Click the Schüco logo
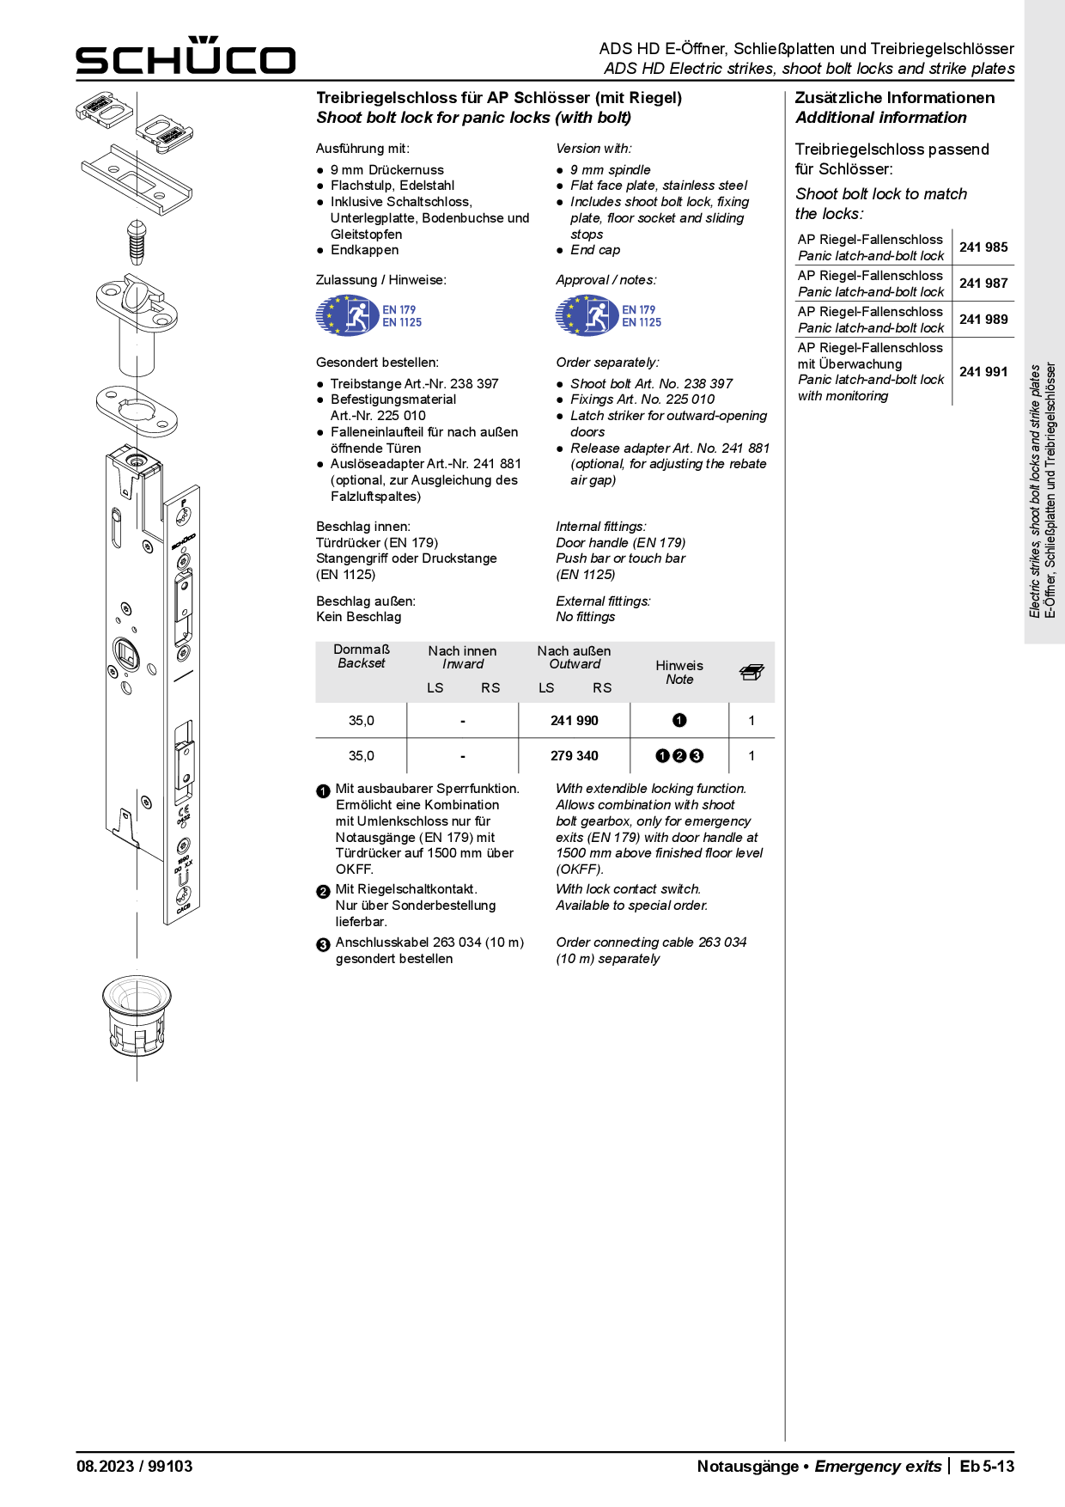click(x=186, y=56)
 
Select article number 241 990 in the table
click(x=574, y=721)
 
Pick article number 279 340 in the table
click(x=574, y=756)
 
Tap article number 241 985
click(x=983, y=247)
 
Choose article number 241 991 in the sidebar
click(x=983, y=372)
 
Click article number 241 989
click(x=983, y=320)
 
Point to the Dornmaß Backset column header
click(x=362, y=656)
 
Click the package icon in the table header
click(x=752, y=673)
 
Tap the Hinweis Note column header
click(x=679, y=672)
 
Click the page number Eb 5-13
click(x=987, y=1467)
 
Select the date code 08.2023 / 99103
click(x=135, y=1467)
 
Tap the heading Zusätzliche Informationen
click(x=894, y=98)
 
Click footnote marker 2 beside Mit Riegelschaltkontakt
click(x=323, y=892)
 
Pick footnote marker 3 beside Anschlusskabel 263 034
click(x=323, y=945)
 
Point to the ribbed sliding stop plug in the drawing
click(x=137, y=241)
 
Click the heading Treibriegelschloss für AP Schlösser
click(x=499, y=98)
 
